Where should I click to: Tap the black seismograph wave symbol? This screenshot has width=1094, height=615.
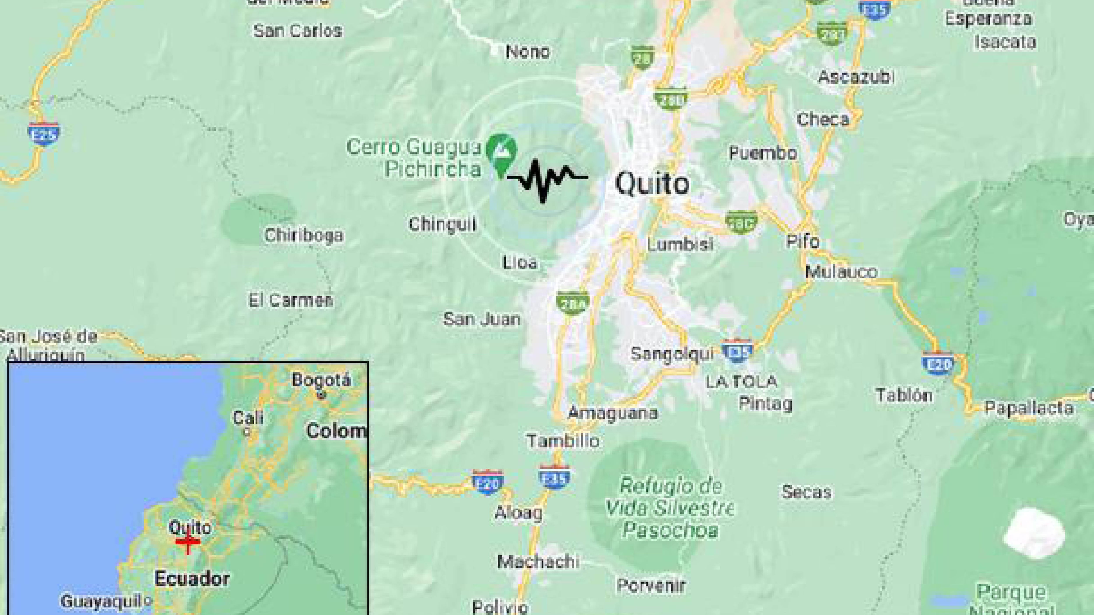pos(547,179)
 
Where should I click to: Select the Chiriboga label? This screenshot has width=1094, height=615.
pos(304,235)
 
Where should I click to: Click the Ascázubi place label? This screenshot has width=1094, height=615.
pos(856,77)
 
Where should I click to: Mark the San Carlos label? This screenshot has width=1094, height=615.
pos(297,31)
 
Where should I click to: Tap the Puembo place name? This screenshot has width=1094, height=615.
pos(762,153)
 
